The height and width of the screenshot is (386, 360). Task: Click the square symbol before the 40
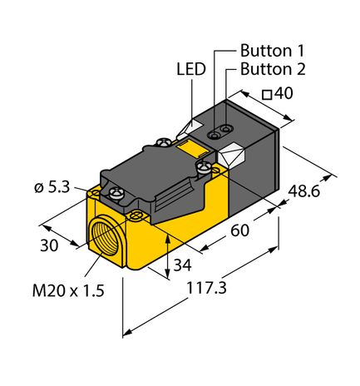coord(267,95)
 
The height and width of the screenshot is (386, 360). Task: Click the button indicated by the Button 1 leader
coord(224,126)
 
